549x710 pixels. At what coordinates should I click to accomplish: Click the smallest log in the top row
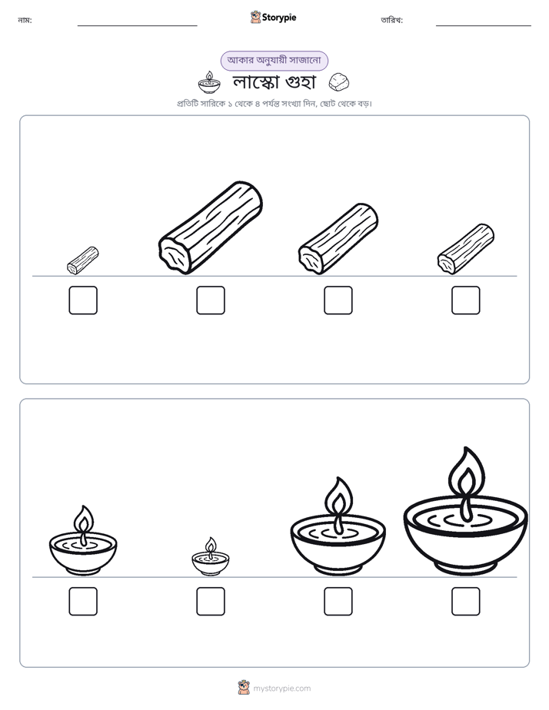click(x=83, y=260)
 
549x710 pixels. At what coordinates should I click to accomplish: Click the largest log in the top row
click(x=211, y=227)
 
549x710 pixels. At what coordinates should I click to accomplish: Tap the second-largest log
click(x=338, y=239)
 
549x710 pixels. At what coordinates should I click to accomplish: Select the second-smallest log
click(x=466, y=249)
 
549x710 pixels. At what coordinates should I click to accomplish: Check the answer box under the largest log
click(x=211, y=300)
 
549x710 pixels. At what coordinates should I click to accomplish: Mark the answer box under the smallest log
click(x=83, y=300)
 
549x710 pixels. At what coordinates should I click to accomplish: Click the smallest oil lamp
click(x=211, y=556)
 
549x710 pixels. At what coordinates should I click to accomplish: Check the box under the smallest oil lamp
click(x=211, y=602)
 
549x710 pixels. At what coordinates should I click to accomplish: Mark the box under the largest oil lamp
click(x=466, y=602)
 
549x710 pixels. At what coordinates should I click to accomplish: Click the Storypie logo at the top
click(x=274, y=17)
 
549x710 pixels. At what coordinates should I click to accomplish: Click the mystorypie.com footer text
click(x=281, y=688)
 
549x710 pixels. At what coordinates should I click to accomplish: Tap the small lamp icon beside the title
click(x=209, y=82)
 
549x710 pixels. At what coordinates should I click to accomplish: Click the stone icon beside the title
click(x=339, y=82)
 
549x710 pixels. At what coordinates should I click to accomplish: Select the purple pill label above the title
click(x=274, y=61)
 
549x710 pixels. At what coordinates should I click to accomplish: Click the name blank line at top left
click(x=137, y=26)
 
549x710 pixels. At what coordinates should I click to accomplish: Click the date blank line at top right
click(x=484, y=26)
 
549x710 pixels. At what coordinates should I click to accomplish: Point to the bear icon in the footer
click(x=244, y=688)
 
